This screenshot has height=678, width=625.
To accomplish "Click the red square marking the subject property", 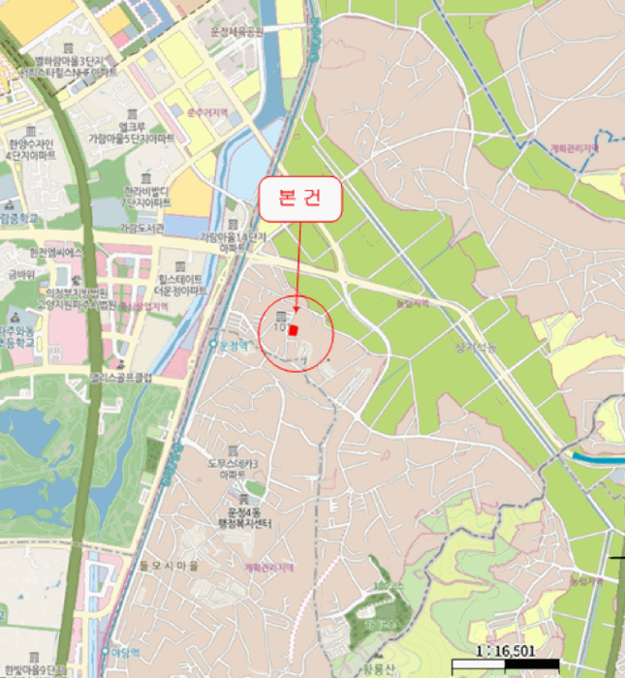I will click(x=295, y=329).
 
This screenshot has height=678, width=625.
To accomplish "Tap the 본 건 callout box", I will click(x=300, y=201).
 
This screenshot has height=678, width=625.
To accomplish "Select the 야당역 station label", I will click(x=120, y=652).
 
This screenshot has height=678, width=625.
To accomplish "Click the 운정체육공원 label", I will click(x=237, y=32).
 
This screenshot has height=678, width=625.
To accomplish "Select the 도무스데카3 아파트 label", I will click(x=236, y=469).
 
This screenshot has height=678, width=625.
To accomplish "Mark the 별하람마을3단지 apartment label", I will click(x=69, y=62).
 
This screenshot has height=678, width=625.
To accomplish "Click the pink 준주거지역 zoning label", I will click(x=204, y=112).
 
